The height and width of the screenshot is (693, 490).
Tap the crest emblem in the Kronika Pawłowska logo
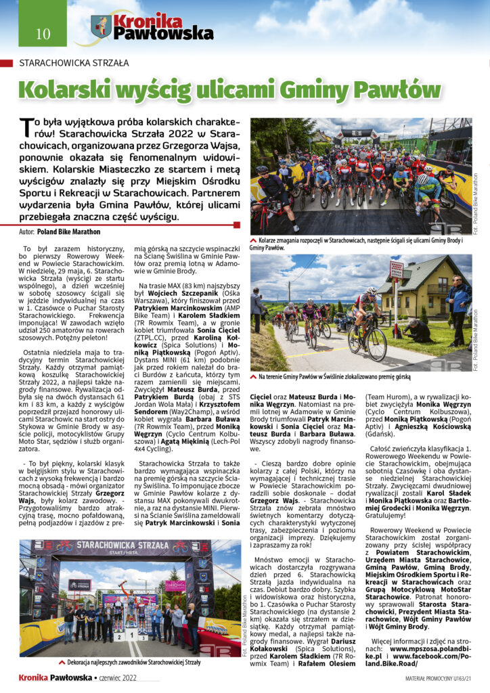[x=102, y=27]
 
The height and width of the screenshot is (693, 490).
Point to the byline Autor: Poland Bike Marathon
[x=60, y=231]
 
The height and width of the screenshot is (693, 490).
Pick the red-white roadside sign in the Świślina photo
[x=396, y=269]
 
